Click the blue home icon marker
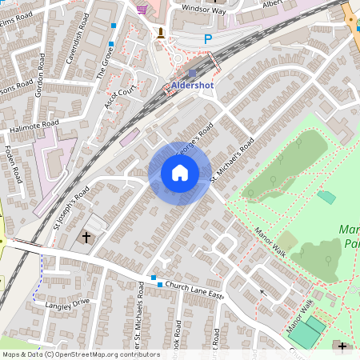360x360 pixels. coord(180,173)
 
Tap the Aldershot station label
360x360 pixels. coord(192,86)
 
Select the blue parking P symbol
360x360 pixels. coord(208,38)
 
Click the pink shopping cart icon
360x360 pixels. coord(143,9)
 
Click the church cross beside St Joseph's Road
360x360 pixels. coord(86,237)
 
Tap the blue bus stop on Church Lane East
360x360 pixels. coord(160,285)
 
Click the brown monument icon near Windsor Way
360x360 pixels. coord(162,33)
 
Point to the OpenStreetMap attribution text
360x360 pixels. coord(70,354)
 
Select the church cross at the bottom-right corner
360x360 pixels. coord(343,346)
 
